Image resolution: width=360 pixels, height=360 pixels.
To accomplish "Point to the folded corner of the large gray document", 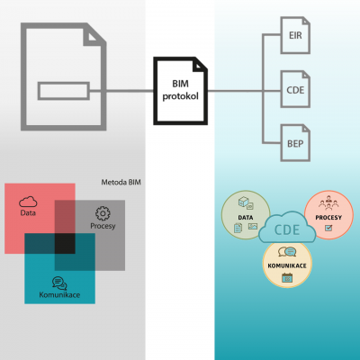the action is pyautogui.click(x=94, y=35).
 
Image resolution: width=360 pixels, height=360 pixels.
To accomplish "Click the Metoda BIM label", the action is pyautogui.click(x=121, y=182).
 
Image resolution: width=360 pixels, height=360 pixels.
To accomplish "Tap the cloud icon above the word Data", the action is pyautogui.click(x=28, y=202).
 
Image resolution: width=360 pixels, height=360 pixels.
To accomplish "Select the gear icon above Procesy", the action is pyautogui.click(x=103, y=213).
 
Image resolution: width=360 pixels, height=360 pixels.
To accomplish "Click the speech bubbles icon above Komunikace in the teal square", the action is pyautogui.click(x=59, y=283).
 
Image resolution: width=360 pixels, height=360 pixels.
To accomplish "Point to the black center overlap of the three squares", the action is pyautogui.click(x=65, y=244).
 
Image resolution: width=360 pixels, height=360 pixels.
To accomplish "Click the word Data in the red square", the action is pyautogui.click(x=28, y=213).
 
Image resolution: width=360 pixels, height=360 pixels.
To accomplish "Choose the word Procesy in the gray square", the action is pyautogui.click(x=103, y=226).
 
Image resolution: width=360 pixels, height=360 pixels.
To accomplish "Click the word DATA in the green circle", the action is pyautogui.click(x=246, y=218).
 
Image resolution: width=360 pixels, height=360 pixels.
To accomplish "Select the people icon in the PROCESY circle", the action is pyautogui.click(x=328, y=202).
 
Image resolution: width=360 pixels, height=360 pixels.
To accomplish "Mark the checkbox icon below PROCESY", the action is pyautogui.click(x=328, y=229).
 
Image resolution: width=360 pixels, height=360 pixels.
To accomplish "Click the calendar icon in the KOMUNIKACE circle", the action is pyautogui.click(x=287, y=278).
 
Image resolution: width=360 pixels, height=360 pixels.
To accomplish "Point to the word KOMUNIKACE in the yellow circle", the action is pyautogui.click(x=287, y=265).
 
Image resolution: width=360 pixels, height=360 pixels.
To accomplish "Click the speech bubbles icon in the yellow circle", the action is pyautogui.click(x=287, y=252).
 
